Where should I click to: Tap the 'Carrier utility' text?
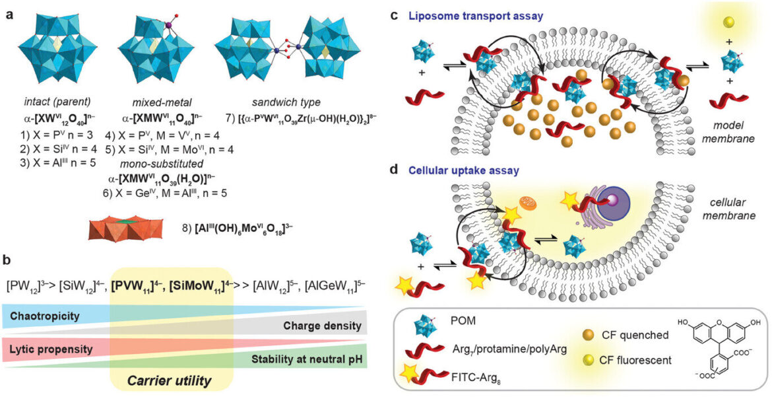(x=170, y=380)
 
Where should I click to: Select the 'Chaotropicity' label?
(x=44, y=315)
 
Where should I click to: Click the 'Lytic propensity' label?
(x=51, y=349)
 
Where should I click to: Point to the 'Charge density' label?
(x=323, y=326)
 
